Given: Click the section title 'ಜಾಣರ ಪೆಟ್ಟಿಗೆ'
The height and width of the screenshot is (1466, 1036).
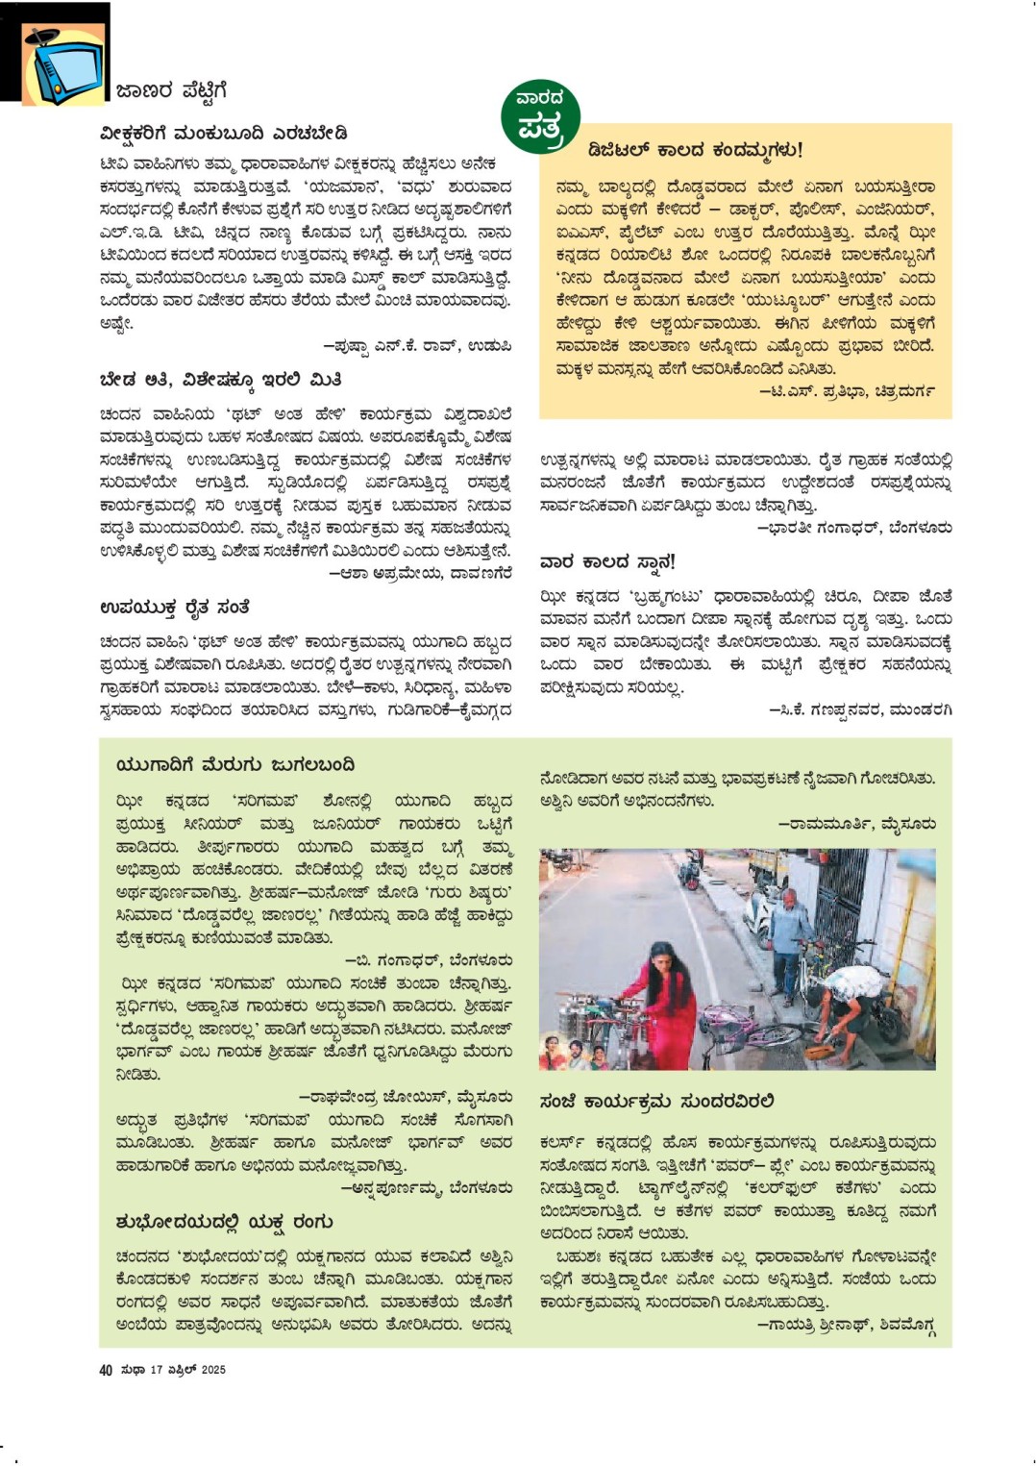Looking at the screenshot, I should coord(171,91).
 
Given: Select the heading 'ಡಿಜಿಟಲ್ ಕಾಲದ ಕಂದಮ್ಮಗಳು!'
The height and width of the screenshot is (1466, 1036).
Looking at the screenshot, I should coord(695,149).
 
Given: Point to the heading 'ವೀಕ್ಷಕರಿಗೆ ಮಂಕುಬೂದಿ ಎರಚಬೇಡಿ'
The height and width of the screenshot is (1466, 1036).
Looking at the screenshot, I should coord(223,134).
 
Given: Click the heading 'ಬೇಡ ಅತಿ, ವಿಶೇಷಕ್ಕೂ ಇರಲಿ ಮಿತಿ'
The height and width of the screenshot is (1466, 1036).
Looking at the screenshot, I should coord(220,380).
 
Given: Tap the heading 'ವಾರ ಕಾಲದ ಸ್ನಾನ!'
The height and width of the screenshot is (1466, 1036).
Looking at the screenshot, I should coord(607,561).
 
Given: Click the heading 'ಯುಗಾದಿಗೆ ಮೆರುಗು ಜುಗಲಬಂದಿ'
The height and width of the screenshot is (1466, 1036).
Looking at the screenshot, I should coord(234,765).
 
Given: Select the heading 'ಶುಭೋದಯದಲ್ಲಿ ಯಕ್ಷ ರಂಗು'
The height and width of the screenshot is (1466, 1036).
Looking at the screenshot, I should coord(224,1222).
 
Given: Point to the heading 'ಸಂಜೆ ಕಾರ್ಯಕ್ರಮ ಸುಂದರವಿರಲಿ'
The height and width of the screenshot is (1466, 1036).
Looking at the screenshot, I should coord(656,1101).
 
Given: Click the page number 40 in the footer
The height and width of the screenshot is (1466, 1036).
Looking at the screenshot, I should coord(106,1370).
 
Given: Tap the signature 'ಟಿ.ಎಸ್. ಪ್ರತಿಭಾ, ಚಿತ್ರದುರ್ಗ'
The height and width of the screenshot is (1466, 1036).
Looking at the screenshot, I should coord(847,392).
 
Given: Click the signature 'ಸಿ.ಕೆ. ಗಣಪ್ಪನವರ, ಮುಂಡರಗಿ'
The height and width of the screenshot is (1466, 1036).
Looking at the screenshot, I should coord(860,710).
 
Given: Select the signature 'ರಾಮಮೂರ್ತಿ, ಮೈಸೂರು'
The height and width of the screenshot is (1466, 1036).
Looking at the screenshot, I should coord(856,824).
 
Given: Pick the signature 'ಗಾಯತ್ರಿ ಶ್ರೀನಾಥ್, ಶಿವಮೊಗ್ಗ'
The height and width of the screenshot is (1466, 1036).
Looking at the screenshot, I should coord(846,1325).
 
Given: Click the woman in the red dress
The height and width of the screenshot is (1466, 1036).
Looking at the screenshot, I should coord(669,1000).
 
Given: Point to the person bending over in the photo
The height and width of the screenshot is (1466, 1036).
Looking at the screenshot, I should coord(850,1000).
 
